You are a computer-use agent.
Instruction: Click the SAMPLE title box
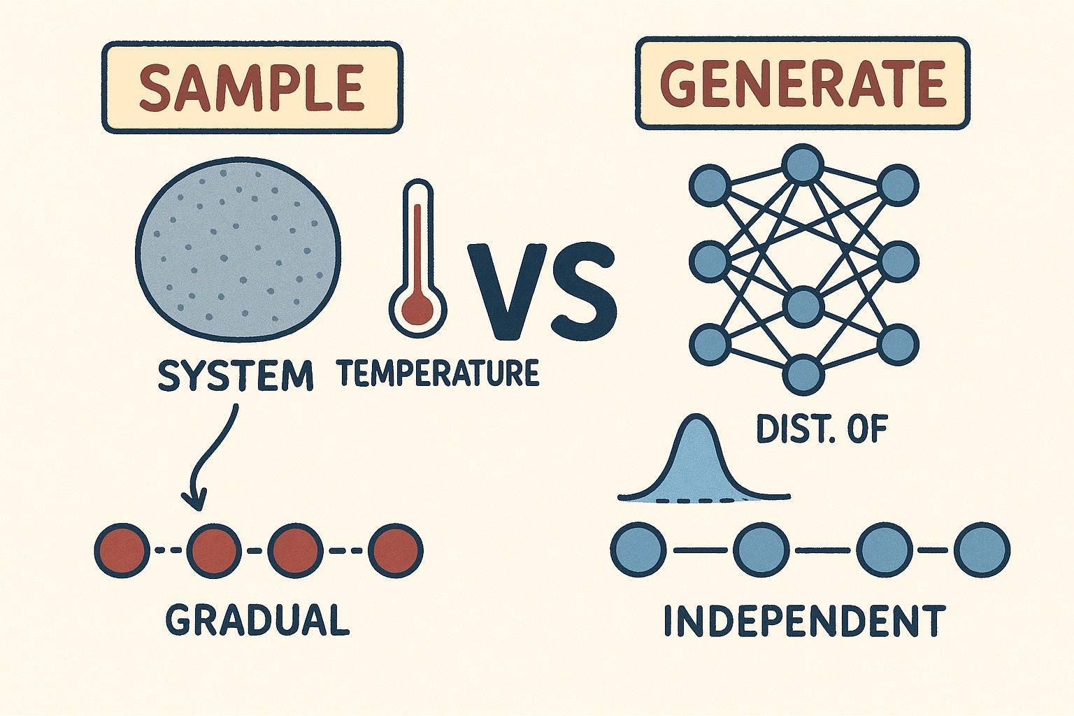[252, 87]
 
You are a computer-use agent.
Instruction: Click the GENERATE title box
[802, 84]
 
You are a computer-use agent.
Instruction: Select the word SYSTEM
[235, 377]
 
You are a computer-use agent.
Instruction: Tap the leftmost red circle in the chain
[122, 550]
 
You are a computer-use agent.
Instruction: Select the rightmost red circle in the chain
[396, 550]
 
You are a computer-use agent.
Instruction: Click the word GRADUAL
[258, 619]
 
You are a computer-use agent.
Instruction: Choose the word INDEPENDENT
[804, 620]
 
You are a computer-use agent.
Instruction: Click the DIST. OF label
[822, 429]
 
